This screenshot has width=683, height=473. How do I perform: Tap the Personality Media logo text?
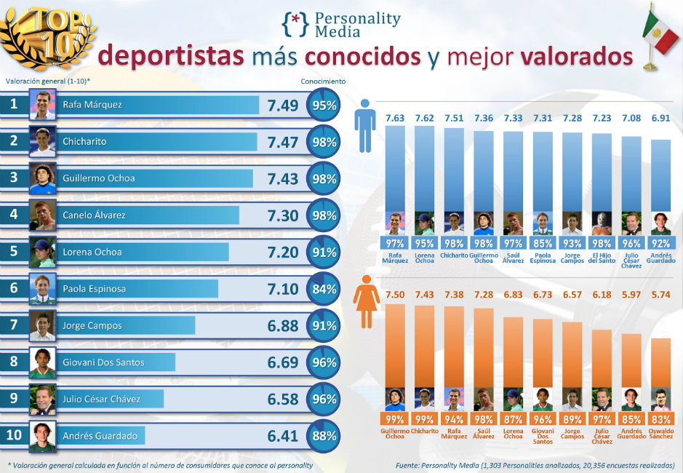tap(356, 25)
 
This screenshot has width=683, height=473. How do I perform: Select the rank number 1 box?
tap(14, 105)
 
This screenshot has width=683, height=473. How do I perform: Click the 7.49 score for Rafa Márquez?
tap(283, 106)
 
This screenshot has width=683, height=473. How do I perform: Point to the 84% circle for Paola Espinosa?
tap(324, 289)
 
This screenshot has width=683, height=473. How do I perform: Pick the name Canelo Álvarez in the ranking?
tap(94, 215)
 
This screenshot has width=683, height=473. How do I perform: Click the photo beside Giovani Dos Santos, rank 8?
tap(43, 362)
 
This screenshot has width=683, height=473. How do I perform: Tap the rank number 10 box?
tap(14, 436)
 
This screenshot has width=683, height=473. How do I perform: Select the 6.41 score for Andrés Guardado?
tap(283, 436)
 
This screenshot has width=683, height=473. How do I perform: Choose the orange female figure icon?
tap(365, 305)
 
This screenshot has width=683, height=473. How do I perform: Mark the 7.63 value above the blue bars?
tap(395, 117)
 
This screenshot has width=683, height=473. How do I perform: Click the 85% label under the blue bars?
tap(543, 243)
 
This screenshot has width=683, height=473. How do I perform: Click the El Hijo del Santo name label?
tap(603, 257)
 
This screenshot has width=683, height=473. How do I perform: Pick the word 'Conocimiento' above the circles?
tap(323, 82)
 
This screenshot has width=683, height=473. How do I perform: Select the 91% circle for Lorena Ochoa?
tap(324, 253)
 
